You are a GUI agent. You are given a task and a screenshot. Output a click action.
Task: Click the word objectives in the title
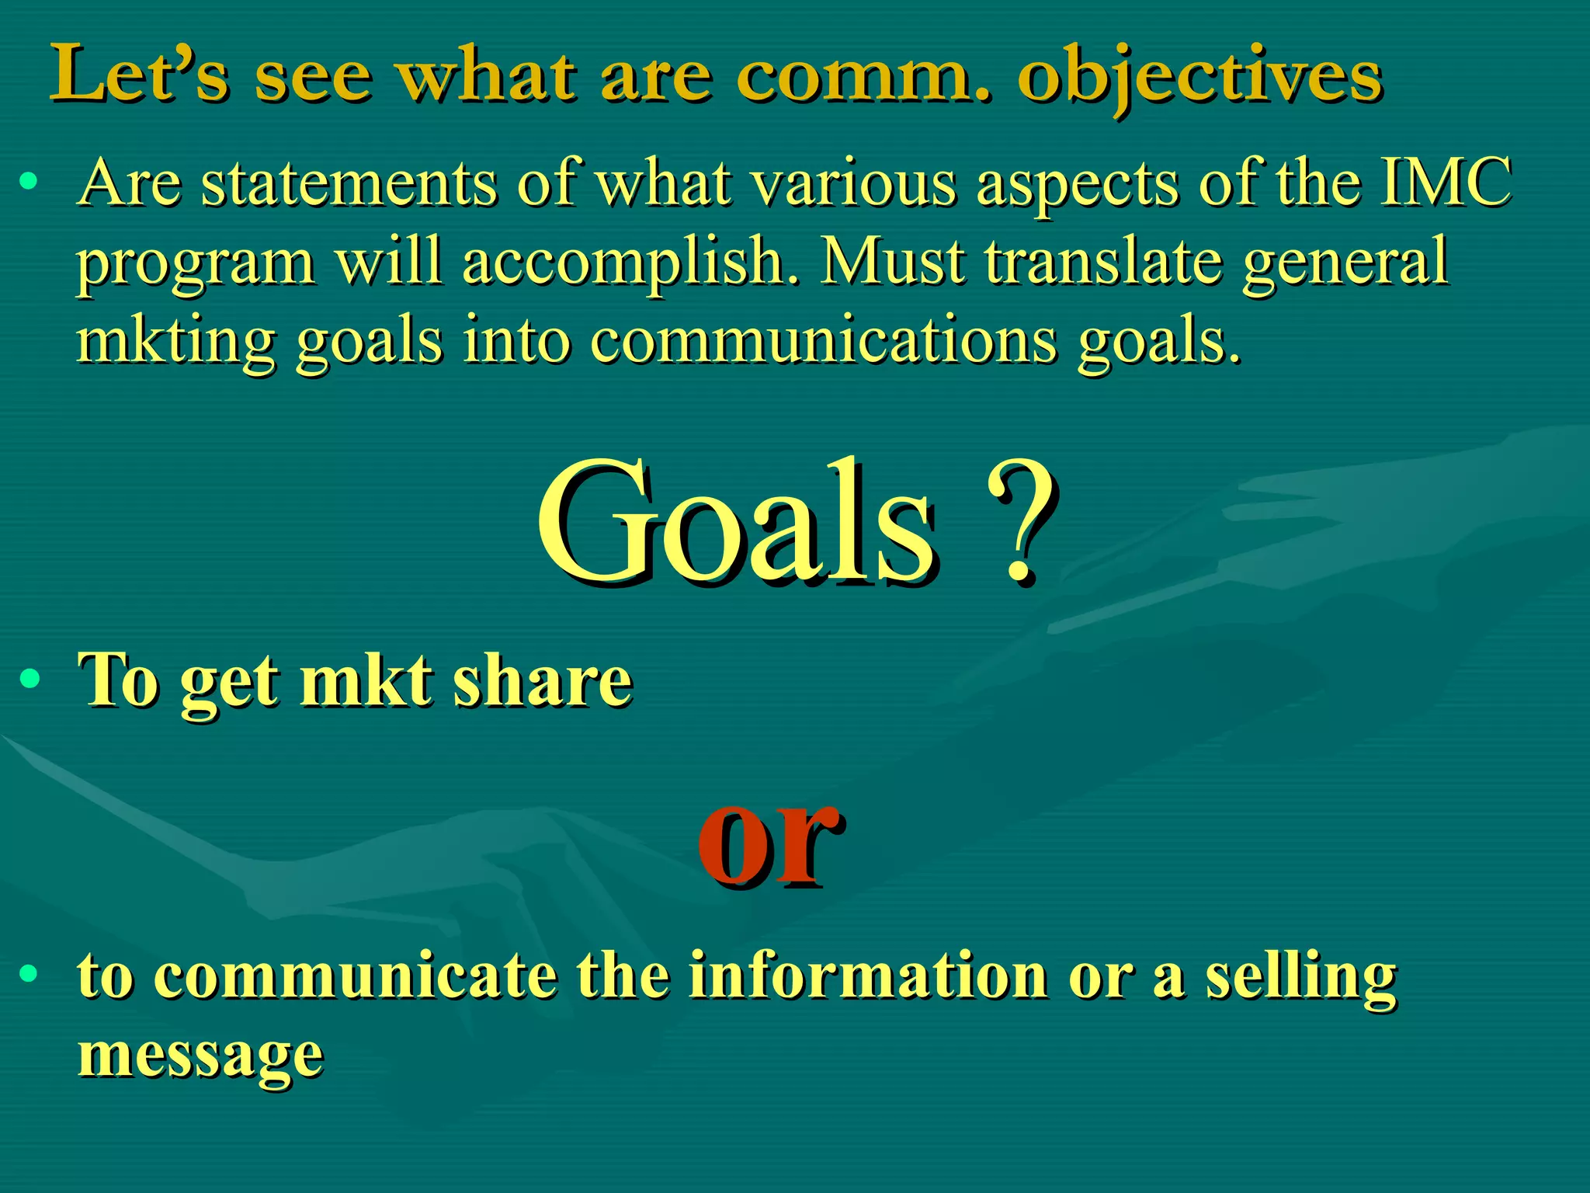tap(1199, 78)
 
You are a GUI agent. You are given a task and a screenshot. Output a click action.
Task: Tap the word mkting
tap(175, 342)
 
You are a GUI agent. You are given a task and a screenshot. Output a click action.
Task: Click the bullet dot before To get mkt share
tap(30, 680)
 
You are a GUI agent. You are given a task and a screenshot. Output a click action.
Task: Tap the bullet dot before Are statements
tap(30, 183)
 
